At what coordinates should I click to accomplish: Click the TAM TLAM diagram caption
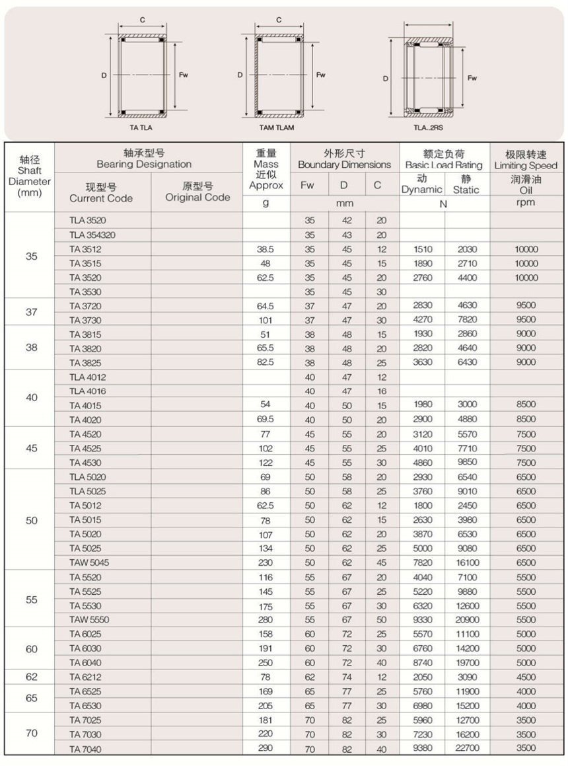277,127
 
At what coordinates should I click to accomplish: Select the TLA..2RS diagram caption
423,127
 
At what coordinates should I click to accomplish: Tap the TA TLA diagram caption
141,127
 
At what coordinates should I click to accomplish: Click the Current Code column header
101,192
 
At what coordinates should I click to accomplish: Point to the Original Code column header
197,192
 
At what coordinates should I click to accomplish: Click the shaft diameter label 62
31,677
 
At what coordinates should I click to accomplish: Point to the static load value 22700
466,749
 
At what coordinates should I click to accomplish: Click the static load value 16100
466,563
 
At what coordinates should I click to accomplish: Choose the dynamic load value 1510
422,249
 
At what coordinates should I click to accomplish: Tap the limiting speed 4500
526,677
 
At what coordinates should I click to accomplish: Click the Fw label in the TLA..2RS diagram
472,78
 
